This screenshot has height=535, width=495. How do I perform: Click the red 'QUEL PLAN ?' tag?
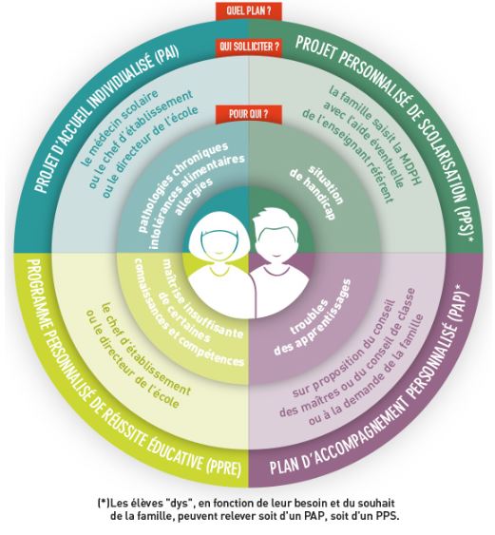pyautogui.click(x=248, y=10)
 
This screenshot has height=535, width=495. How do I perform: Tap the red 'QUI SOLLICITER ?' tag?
pyautogui.click(x=249, y=46)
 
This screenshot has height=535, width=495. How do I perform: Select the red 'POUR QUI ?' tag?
pyautogui.click(x=248, y=114)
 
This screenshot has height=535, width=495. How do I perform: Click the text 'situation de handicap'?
pyautogui.click(x=315, y=193)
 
